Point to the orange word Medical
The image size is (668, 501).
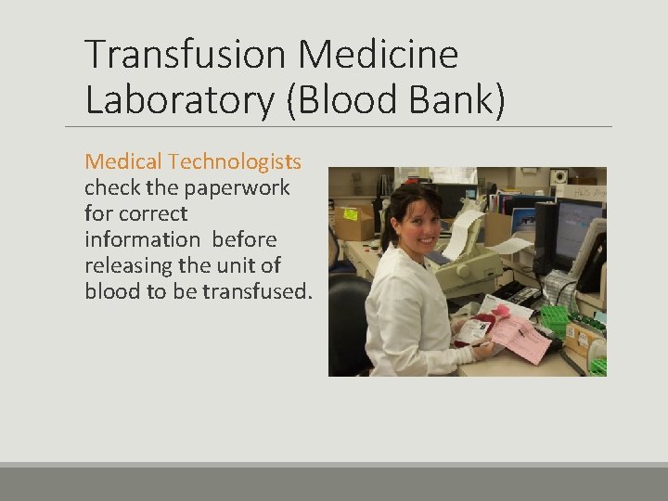(x=123, y=161)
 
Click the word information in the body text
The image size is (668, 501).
(x=143, y=239)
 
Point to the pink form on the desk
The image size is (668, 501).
(x=520, y=339)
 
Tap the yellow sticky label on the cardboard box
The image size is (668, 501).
(x=351, y=213)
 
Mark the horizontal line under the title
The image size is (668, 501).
(x=339, y=126)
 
